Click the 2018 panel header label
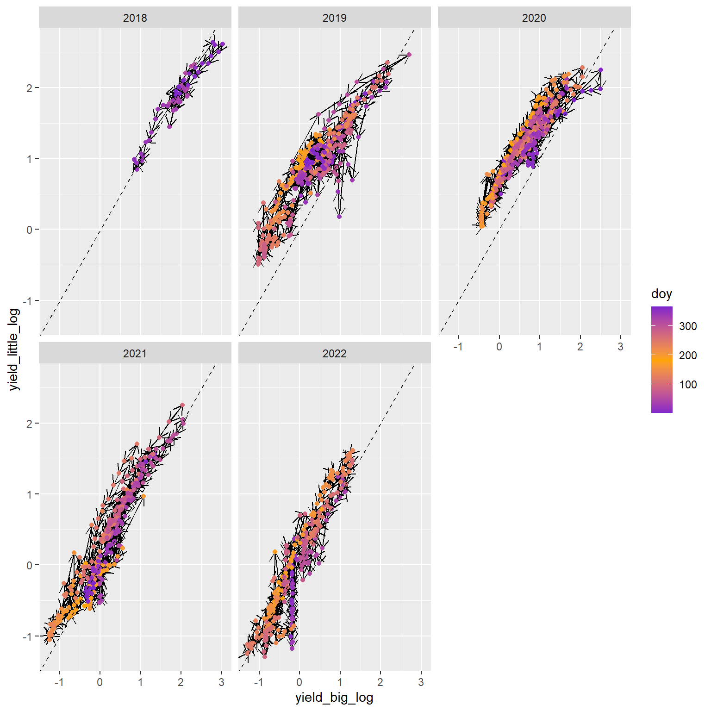135,18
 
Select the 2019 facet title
334,18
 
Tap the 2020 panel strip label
534,18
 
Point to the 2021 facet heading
135,354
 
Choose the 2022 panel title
334,354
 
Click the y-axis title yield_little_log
15,349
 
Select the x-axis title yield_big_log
334,698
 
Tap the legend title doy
661,294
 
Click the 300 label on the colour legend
688,326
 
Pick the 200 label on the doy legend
688,355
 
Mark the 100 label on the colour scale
688,384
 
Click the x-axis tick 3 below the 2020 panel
620,347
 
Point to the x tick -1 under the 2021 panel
59,682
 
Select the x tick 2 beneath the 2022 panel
380,682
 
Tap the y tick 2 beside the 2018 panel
30,88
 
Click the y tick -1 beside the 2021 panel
28,636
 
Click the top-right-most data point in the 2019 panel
409,55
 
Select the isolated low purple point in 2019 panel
339,216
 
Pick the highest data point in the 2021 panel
182,405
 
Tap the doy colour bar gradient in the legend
661,359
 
